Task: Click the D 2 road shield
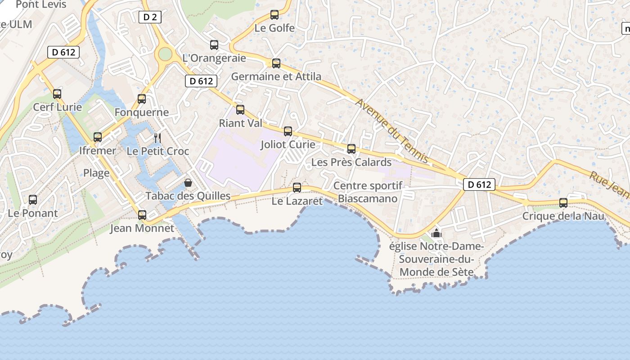click(150, 18)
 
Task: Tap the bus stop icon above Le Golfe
click(274, 15)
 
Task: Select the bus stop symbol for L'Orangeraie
click(214, 45)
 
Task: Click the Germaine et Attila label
click(276, 76)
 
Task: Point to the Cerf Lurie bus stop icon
click(57, 94)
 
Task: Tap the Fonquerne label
click(142, 112)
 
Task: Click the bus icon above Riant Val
click(240, 109)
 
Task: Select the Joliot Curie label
click(288, 145)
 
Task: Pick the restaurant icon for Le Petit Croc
click(157, 138)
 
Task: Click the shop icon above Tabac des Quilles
click(188, 183)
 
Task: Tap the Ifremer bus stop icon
click(98, 137)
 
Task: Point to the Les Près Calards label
click(351, 162)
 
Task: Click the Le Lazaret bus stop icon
click(297, 188)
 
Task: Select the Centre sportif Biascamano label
click(368, 192)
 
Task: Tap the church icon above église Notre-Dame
click(436, 234)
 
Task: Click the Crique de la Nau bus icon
click(563, 203)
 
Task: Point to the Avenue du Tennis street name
click(392, 131)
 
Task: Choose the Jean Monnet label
click(142, 228)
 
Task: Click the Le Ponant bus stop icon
click(33, 200)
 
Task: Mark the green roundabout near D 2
click(165, 54)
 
